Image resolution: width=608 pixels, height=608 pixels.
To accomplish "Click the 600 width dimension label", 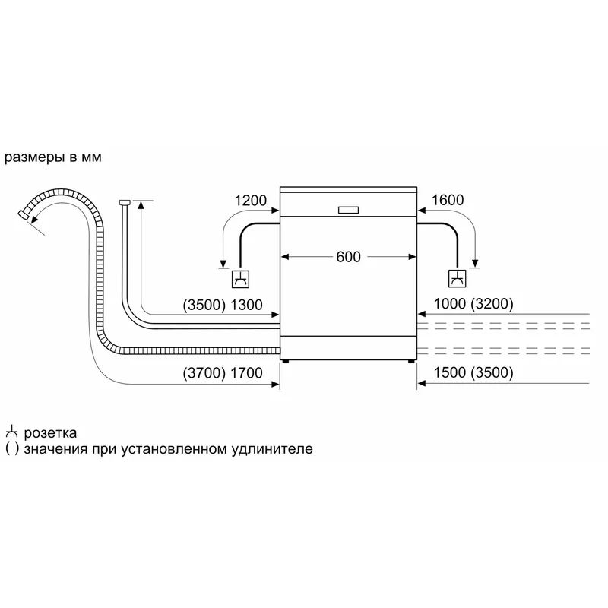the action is click(x=348, y=257).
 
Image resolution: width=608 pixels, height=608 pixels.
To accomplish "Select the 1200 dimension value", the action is click(x=251, y=201).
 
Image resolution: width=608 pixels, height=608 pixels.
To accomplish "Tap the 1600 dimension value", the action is click(x=448, y=200).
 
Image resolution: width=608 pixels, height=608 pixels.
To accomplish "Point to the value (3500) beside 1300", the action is click(x=204, y=306).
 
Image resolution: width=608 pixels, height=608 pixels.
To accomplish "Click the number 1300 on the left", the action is click(x=246, y=306).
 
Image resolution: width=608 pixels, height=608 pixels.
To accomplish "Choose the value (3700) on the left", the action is click(x=204, y=373).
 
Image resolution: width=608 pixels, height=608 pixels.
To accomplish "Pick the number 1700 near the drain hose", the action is click(x=246, y=373).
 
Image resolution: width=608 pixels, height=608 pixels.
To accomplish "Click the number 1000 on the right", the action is click(x=449, y=304).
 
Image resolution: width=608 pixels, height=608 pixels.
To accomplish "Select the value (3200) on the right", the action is click(x=492, y=304).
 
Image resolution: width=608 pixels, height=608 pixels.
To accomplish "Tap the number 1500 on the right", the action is click(x=449, y=372).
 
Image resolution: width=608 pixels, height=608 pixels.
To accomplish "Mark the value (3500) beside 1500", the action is click(x=492, y=372).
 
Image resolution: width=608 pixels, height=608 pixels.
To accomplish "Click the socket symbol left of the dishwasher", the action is click(x=240, y=279).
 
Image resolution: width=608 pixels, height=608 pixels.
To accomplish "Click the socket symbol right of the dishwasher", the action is click(x=458, y=278).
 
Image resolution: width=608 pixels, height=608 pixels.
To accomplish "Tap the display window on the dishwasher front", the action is click(x=348, y=210).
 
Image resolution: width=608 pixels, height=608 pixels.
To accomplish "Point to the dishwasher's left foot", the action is click(x=286, y=362).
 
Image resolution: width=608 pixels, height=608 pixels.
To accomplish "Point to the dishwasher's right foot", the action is click(x=410, y=362).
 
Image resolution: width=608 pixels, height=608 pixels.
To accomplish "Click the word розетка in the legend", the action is click(x=50, y=432).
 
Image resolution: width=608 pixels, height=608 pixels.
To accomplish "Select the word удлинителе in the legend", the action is click(x=272, y=449).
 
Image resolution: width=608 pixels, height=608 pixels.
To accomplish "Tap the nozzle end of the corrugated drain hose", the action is click(x=24, y=214).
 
